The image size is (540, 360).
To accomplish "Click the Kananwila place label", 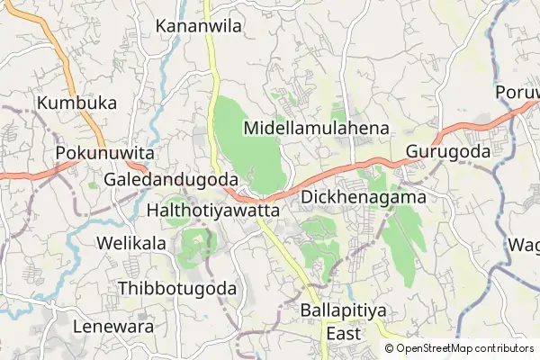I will click(199, 26).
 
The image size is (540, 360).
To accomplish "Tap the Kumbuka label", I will click(77, 103).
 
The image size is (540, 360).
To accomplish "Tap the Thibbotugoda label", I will click(177, 289).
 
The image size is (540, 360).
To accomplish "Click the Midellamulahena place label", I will click(316, 129).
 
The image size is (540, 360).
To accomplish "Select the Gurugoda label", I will click(447, 152).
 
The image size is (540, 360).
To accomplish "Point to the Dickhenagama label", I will click(363, 195).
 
